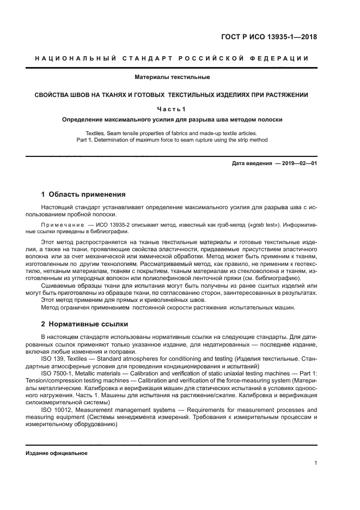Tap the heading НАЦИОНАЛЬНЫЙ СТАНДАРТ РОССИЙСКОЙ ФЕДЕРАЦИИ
click(x=172, y=58)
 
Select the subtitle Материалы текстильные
click(x=172, y=77)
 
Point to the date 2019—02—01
click(x=299, y=163)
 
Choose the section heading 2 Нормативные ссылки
click(x=84, y=324)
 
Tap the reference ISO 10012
click(x=56, y=409)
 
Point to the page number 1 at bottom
click(x=315, y=464)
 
